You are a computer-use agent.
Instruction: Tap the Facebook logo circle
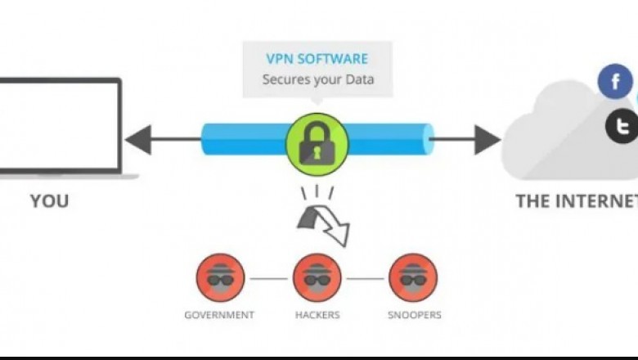click(614, 82)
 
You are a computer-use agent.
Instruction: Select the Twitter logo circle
click(621, 126)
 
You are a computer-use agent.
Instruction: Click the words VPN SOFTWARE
click(317, 59)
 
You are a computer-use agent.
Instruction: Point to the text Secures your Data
click(317, 79)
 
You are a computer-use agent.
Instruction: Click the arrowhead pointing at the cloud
click(488, 140)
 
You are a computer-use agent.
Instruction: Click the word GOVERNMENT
click(219, 315)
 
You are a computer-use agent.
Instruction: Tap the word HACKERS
click(317, 315)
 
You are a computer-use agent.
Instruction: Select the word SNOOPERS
click(414, 315)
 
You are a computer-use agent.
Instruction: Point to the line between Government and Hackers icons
click(268, 278)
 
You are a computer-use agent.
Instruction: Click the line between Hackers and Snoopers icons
click(365, 278)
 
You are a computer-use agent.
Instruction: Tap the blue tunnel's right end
click(427, 140)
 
